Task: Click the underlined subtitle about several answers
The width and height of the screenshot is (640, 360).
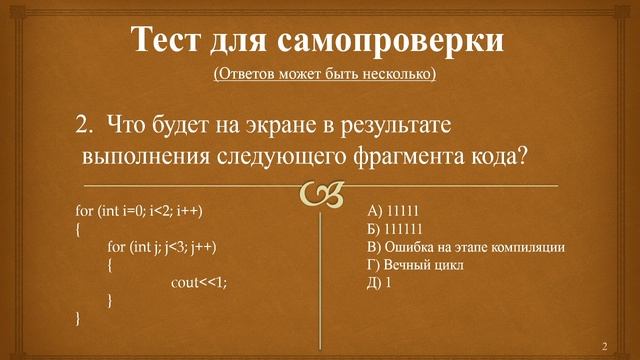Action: click(x=325, y=75)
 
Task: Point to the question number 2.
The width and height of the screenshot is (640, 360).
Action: click(x=84, y=127)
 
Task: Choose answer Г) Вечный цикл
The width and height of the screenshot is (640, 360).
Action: click(x=416, y=265)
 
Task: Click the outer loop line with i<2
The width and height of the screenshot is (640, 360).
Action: click(x=146, y=211)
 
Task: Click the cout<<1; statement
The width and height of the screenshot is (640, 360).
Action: click(x=199, y=283)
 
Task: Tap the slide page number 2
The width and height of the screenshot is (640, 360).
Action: click(x=604, y=345)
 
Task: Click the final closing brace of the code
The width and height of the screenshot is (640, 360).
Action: click(x=79, y=319)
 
